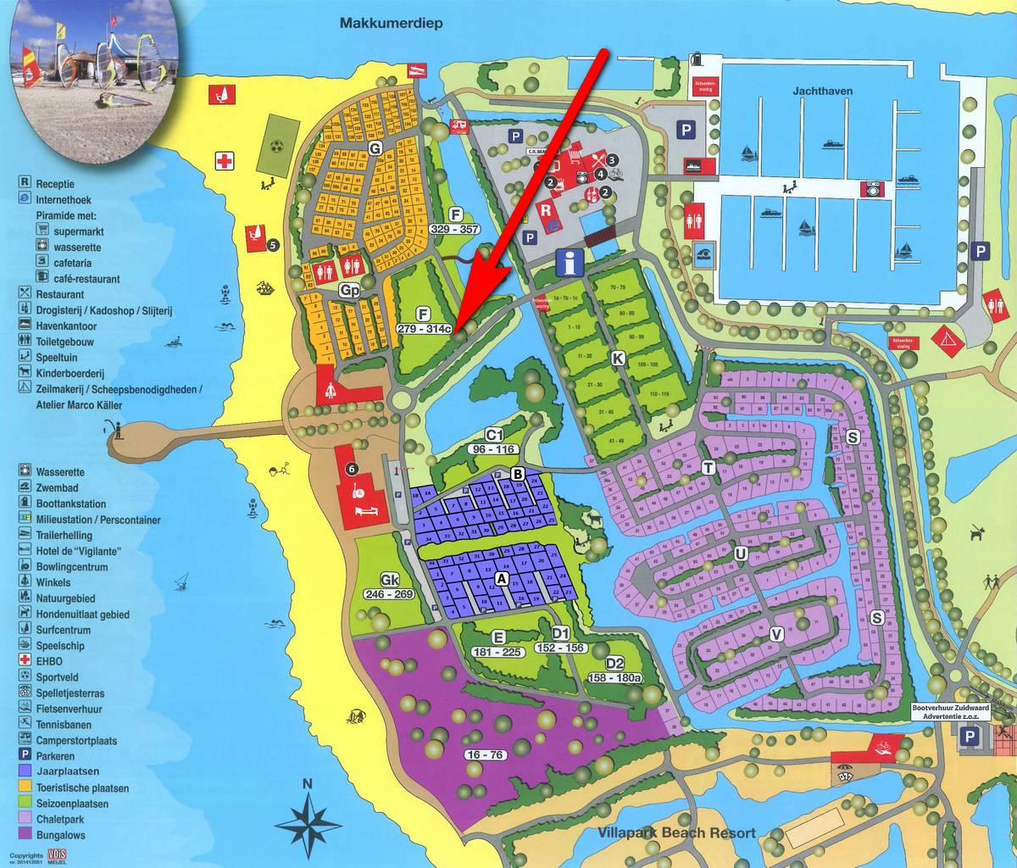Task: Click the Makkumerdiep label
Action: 392,23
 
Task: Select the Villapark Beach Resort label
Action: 675,832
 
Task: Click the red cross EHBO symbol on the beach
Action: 224,161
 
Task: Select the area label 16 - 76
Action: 485,754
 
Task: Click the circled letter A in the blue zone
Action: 501,579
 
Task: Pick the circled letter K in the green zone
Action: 618,359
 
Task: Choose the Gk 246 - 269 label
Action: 390,587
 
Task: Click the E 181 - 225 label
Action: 499,643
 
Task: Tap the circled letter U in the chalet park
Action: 740,554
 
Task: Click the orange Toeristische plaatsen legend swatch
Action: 25,787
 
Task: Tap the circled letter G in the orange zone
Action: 375,148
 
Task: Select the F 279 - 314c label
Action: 425,321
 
